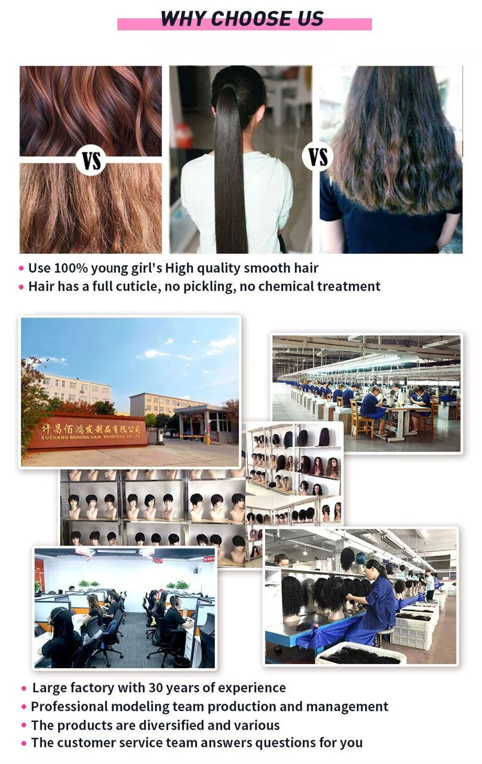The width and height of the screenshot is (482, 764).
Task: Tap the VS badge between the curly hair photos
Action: tap(91, 160)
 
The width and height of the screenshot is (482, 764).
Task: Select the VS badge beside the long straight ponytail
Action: tap(318, 157)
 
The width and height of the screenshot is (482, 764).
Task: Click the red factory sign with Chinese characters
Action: tap(87, 431)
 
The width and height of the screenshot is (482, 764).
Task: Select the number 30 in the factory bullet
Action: tap(156, 688)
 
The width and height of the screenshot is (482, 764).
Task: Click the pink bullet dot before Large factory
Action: tap(24, 689)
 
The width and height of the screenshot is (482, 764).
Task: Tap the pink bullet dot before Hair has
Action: tap(21, 288)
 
